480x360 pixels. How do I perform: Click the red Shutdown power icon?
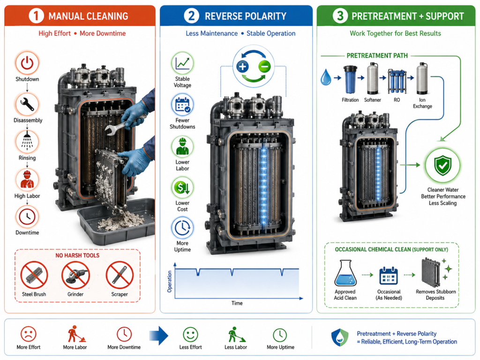point(27,63)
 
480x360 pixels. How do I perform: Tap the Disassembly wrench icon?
point(27,104)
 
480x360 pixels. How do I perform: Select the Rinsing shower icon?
point(27,142)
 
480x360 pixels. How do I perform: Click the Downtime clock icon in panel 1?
point(27,217)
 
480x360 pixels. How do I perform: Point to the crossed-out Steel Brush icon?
point(34,275)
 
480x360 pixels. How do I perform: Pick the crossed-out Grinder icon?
point(75,275)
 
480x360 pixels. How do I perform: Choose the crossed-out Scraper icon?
point(120,275)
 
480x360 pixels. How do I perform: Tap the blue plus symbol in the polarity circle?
point(242,67)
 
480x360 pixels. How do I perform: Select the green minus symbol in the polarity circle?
point(264,67)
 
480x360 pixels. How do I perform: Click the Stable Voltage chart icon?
point(182,63)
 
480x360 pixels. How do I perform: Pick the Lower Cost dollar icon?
point(182,187)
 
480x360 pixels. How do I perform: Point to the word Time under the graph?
point(237,303)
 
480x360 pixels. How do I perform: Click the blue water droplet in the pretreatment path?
point(326,77)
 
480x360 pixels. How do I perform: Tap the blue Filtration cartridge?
point(350,79)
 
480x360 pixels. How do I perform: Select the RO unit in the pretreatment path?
point(397,81)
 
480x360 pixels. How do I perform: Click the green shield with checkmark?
point(442,165)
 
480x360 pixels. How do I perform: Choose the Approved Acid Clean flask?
point(345,273)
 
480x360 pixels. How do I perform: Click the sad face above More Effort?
point(29,334)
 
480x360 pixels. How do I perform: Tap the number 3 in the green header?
point(340,16)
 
